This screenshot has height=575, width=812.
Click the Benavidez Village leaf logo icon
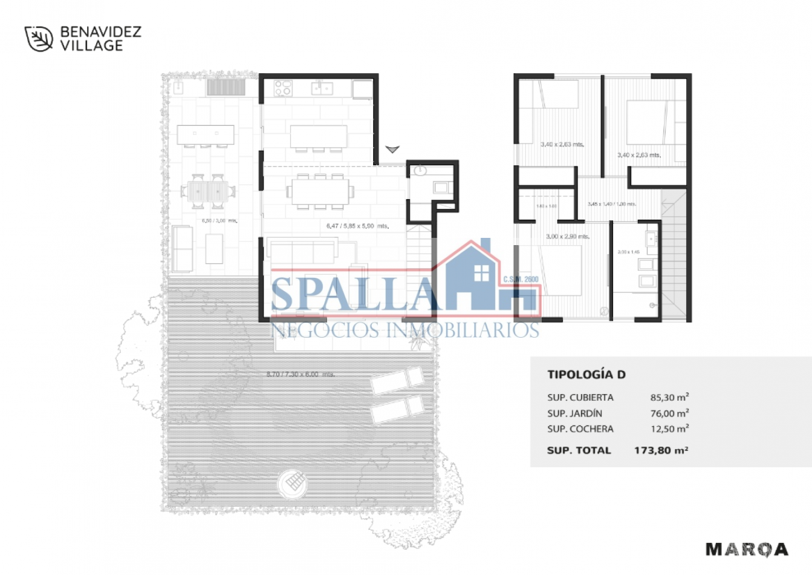pyautogui.click(x=39, y=39)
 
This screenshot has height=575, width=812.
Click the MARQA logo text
pyautogui.click(x=747, y=549)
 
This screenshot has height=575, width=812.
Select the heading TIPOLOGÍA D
pyautogui.click(x=586, y=375)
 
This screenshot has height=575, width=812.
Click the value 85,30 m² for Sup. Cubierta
pyautogui.click(x=669, y=398)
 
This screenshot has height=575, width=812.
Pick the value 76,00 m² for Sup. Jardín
pyautogui.click(x=669, y=413)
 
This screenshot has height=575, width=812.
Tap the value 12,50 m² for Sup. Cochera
pyautogui.click(x=669, y=429)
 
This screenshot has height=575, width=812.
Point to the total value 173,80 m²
pyautogui.click(x=661, y=450)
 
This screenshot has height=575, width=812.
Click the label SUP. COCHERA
pyautogui.click(x=580, y=429)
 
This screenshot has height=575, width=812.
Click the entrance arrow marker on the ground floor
pyautogui.click(x=392, y=149)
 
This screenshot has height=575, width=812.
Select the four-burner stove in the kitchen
pyautogui.click(x=283, y=88)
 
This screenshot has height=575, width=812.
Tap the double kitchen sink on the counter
pyautogui.click(x=322, y=89)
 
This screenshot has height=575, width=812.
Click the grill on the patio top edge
pyautogui.click(x=226, y=87)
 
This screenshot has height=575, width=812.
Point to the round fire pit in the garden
pyautogui.click(x=293, y=483)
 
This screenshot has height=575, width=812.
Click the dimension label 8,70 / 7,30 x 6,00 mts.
pyautogui.click(x=300, y=374)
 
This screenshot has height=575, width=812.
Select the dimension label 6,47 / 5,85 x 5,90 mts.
pyautogui.click(x=357, y=226)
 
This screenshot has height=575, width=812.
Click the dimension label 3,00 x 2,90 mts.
pyautogui.click(x=567, y=237)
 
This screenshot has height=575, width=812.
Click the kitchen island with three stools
pyautogui.click(x=318, y=136)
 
